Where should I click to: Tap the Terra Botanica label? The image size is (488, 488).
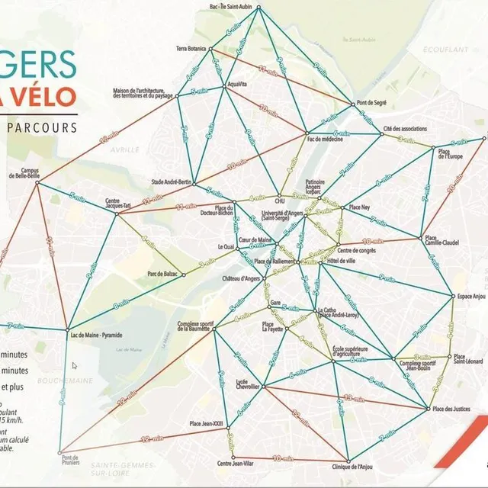[x=191, y=48]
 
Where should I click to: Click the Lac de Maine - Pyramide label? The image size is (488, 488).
[x=96, y=334]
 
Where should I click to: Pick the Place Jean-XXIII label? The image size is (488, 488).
[x=207, y=424]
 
